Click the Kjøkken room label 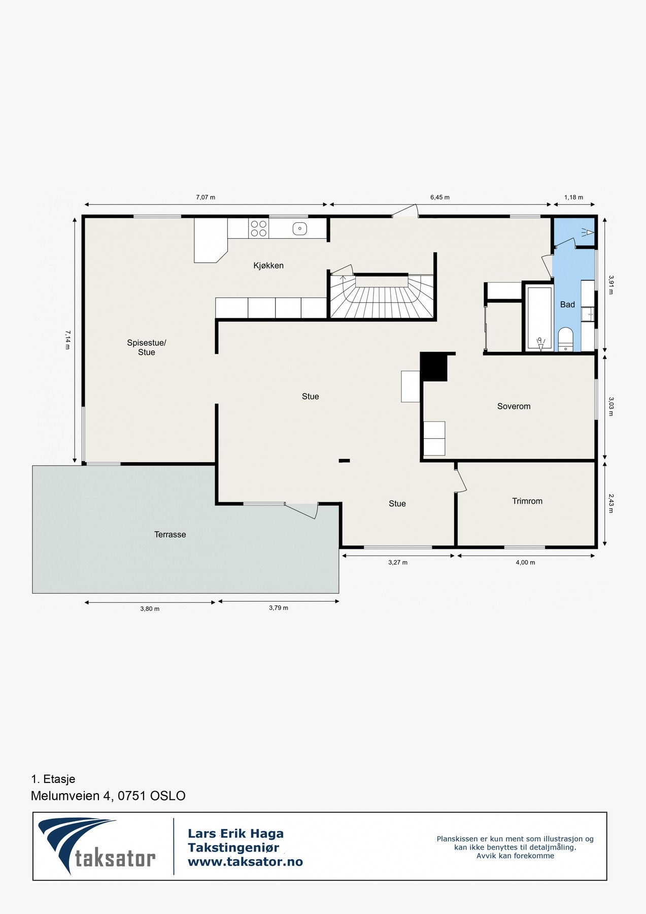268,266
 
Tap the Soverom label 514,406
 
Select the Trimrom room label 527,501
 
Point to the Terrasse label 170,534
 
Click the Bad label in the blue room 567,305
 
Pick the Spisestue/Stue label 147,347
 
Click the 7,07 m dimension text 206,197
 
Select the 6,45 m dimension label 440,197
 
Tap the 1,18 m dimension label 573,197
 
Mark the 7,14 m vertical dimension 67,340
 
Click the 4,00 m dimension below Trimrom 525,562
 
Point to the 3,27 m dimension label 398,562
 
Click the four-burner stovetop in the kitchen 259,228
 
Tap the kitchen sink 300,228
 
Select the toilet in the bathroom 565,339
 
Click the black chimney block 433,367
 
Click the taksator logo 97,846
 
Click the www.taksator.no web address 245,862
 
